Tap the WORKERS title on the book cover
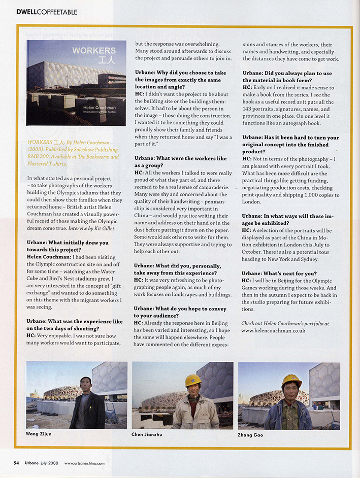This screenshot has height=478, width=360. pos(93,51)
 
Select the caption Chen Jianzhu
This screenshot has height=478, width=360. pos(148,435)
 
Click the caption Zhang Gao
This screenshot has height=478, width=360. pos(251,435)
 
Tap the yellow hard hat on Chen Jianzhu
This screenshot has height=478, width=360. pos(193,380)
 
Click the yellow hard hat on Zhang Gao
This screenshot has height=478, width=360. pos(291,381)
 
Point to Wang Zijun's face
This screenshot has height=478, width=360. pos(86,384)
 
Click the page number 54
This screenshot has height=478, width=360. pos(16,463)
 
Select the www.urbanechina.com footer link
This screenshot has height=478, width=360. pos(84,463)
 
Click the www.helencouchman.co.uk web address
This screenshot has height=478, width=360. pos(273,330)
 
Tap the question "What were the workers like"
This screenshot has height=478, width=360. pos(180,159)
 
